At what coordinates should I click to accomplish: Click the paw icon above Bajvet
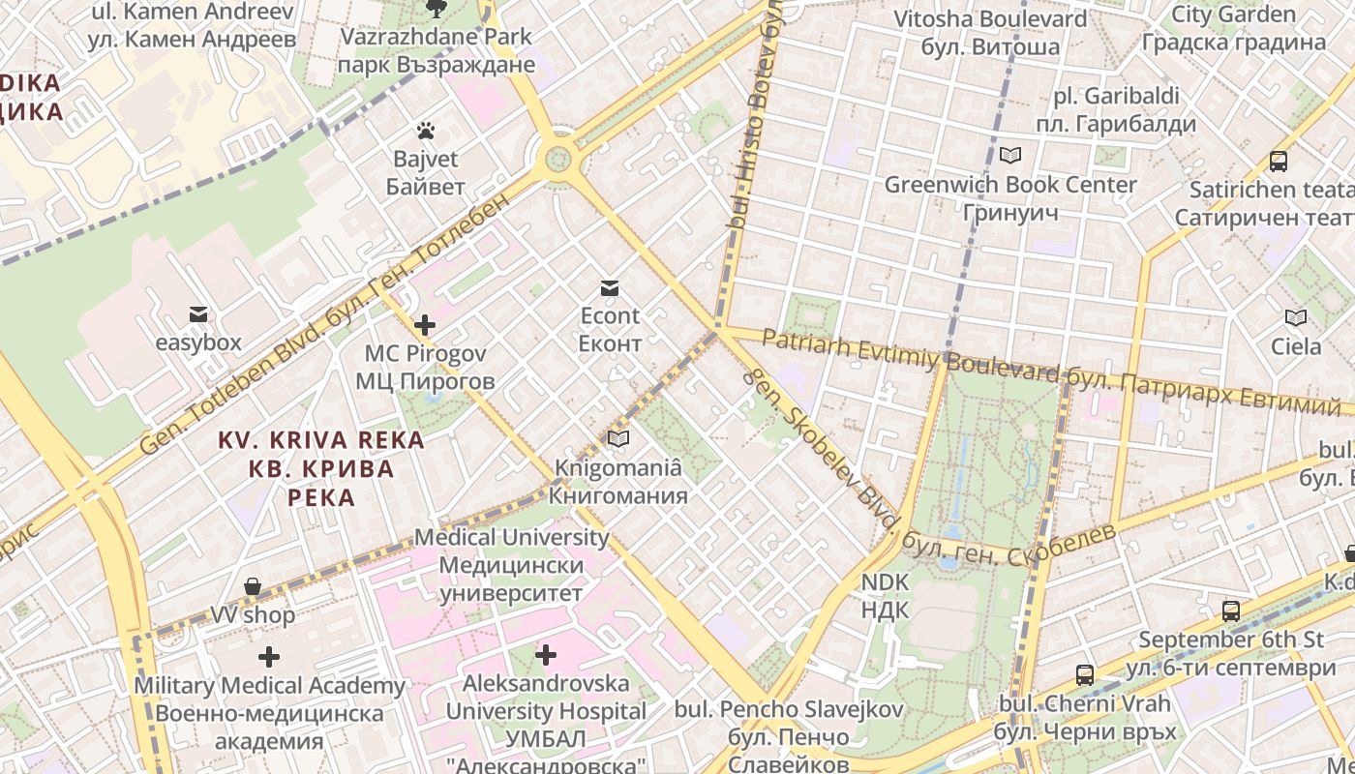point(425,130)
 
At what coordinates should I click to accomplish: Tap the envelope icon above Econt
point(609,287)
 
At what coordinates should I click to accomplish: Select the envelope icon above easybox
point(198,313)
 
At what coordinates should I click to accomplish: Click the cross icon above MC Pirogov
point(424,325)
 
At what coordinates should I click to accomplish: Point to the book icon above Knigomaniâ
point(617,439)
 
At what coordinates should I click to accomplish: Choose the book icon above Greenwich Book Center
point(1010,155)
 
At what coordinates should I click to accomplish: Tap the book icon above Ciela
point(1295,317)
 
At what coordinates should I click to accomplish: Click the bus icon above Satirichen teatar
point(1279,162)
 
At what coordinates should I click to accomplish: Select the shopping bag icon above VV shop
point(253,586)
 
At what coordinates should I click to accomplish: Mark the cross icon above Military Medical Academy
point(269,657)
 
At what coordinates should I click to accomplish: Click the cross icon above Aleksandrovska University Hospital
point(546,655)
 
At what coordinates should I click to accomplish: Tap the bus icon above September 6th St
point(1231,611)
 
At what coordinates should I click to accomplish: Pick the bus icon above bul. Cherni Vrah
point(1085,675)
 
